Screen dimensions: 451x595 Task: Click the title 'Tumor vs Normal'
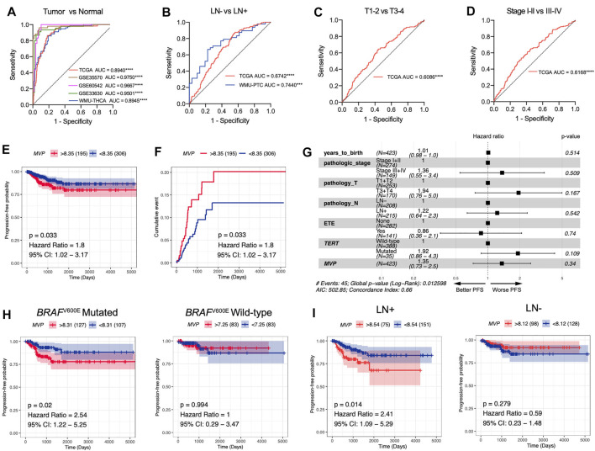[80, 8]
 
